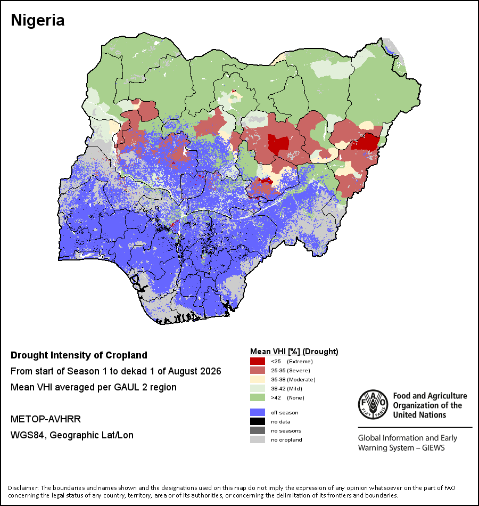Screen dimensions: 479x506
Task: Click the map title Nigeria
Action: (x=38, y=20)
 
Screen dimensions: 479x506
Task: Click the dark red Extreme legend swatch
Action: (x=258, y=361)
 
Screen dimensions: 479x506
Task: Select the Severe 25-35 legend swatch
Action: (x=258, y=370)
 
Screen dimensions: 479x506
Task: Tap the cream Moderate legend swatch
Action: (x=258, y=379)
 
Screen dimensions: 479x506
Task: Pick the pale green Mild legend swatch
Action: (x=258, y=388)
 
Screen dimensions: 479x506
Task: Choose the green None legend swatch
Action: (x=258, y=397)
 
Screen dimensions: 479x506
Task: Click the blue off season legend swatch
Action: (x=258, y=412)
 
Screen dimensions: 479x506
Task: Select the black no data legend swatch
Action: (x=258, y=421)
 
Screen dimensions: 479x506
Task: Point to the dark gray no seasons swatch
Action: (x=258, y=430)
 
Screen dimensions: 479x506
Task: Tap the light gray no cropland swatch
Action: (x=258, y=439)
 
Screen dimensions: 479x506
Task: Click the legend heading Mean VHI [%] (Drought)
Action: (x=294, y=352)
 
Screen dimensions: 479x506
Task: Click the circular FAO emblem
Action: (x=373, y=405)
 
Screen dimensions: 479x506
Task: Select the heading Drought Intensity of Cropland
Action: (x=79, y=355)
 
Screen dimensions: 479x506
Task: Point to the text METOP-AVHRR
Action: (x=46, y=419)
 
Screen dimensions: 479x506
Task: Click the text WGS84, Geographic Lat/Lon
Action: (x=72, y=435)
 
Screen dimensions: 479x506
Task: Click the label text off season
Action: (x=285, y=413)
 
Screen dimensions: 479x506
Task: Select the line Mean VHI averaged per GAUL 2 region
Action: (x=94, y=387)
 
